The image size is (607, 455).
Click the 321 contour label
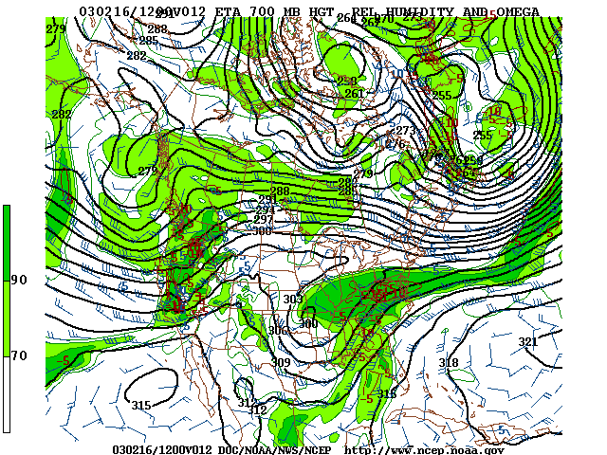pos(527,342)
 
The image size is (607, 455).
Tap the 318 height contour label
pos(449,363)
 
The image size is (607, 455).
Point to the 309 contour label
pos(281,363)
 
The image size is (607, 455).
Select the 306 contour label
pos(277,331)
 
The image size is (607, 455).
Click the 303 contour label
pos(293,300)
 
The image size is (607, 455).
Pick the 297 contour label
pos(263,220)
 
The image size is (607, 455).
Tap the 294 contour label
pos(265,209)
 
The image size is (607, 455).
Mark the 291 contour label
pos(267,200)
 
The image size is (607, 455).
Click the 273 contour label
pos(405,131)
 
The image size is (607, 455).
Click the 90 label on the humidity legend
pos(19,280)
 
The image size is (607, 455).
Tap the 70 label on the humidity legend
pos(19,355)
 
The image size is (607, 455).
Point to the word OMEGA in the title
pos(516,12)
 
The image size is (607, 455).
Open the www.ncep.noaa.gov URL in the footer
pos(424,449)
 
